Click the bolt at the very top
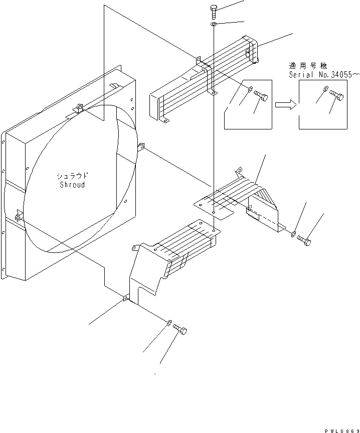(x=213, y=12)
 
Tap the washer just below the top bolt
(x=214, y=24)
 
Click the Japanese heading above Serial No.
(x=307, y=65)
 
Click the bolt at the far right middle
(x=304, y=240)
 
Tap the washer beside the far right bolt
(x=294, y=233)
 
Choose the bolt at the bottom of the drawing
(x=180, y=329)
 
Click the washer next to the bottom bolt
(x=169, y=322)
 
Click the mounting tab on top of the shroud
(x=79, y=108)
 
